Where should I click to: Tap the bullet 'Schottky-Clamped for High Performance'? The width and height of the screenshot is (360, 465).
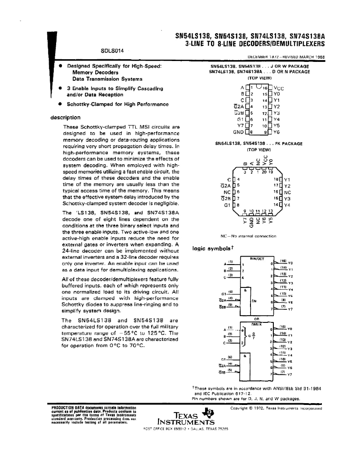click(111, 104)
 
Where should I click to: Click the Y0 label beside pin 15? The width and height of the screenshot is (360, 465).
click(277, 95)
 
